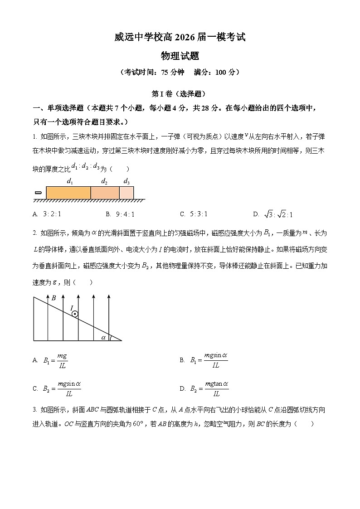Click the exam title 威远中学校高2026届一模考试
tap(180, 38)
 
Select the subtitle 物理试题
tap(180, 56)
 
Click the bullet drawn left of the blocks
tap(38, 193)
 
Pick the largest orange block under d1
tap(68, 193)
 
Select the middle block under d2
tap(105, 193)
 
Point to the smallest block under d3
tap(126, 193)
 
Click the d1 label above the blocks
tap(70, 182)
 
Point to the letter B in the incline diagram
tap(54, 298)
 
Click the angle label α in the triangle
tap(104, 337)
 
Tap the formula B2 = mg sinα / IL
tap(57, 388)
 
